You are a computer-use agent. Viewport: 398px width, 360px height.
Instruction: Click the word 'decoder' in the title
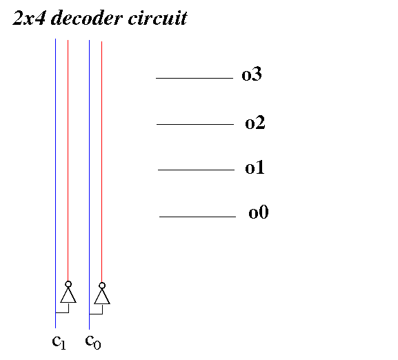point(86,18)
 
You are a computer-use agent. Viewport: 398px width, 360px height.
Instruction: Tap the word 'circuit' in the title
point(158,18)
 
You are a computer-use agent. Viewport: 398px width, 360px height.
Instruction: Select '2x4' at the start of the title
point(29,18)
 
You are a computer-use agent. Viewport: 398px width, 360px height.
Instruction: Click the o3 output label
point(252,74)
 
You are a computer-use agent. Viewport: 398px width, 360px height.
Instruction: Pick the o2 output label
point(255,123)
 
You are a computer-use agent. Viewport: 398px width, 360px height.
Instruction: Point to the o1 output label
point(255,167)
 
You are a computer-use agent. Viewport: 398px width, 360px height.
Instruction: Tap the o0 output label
point(259,212)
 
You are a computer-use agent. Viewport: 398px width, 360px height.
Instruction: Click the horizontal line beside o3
point(195,78)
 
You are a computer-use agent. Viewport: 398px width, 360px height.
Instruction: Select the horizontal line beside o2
point(195,124)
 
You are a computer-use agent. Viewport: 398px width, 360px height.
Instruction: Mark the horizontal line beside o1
point(196,170)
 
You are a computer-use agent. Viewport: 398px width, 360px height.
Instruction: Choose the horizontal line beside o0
point(197,217)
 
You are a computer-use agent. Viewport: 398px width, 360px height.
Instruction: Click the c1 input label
point(59,342)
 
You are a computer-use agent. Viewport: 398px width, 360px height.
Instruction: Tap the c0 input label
point(93,341)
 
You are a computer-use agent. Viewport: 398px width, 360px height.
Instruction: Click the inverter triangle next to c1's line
point(68,295)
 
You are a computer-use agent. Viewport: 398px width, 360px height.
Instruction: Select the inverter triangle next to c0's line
point(102,297)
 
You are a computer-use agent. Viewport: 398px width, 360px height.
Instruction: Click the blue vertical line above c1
point(56,183)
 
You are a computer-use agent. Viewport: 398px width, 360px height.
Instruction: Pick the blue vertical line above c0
point(89,184)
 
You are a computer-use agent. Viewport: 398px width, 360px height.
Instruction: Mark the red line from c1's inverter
point(68,160)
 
